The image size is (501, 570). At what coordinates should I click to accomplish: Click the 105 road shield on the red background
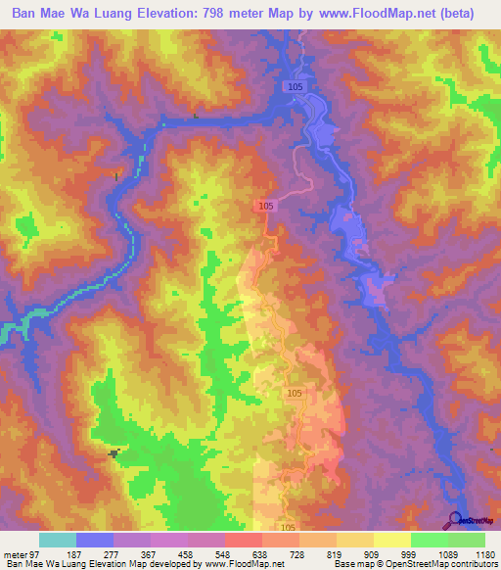266,206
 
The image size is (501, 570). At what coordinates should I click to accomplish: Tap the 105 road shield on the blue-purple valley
296,87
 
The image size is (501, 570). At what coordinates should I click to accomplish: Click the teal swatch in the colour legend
58,540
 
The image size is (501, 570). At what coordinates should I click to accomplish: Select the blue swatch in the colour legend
95,540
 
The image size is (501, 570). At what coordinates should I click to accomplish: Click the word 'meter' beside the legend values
15,553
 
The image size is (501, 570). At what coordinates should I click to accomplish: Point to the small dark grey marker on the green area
115,452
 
